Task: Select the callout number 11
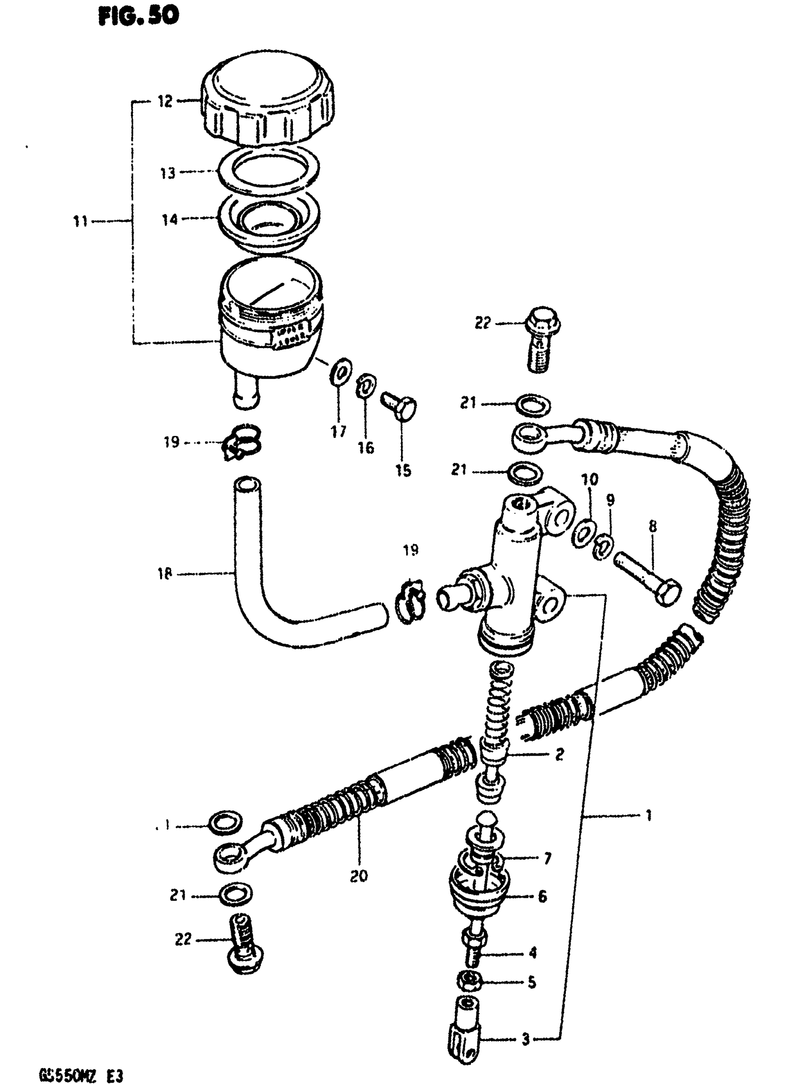80,222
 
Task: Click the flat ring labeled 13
268,171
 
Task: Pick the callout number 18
165,573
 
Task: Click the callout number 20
359,876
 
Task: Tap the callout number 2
559,754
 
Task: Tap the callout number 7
548,859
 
